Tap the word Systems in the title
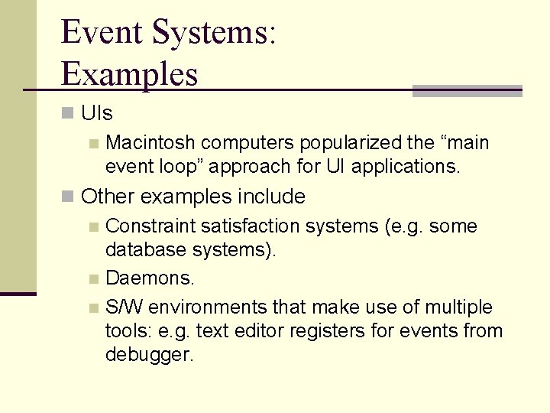coord(215,33)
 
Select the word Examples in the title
coord(129,74)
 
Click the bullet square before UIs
coord(69,113)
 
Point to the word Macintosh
coord(150,143)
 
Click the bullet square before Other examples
coord(69,197)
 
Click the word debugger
coord(150,356)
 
